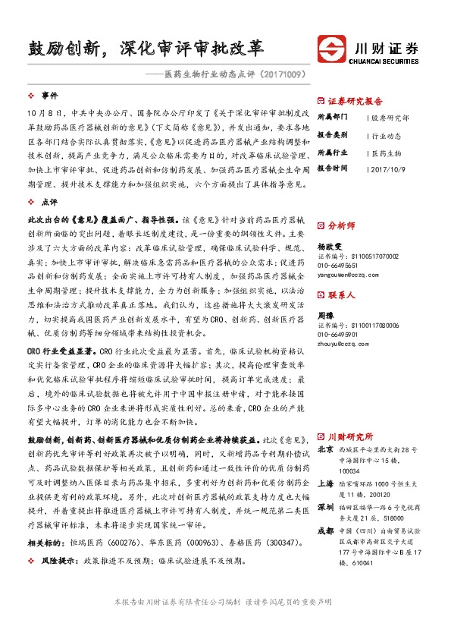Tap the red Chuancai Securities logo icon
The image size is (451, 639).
point(333,49)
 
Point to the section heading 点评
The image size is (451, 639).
point(50,202)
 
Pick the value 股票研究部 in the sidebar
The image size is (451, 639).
point(391,118)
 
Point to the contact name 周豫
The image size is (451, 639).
point(325,314)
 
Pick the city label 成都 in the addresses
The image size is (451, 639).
point(325,530)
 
